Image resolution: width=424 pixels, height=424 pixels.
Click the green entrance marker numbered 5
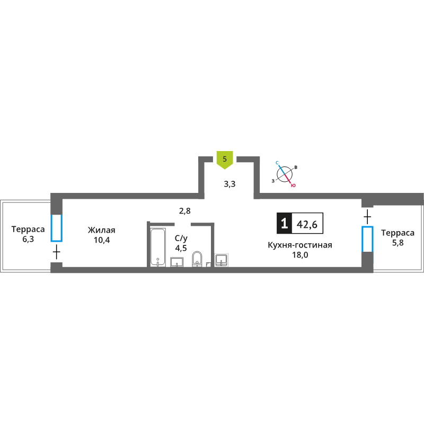point(225,160)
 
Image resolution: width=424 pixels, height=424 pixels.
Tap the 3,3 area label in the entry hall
point(229,184)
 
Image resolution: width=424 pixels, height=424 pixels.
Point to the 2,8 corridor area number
point(184,211)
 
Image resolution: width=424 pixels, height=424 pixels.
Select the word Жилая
point(101,230)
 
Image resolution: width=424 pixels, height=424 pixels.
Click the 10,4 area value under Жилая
point(102,240)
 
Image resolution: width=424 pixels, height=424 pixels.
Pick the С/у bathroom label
point(181,238)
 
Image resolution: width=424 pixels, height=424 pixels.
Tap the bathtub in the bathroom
point(157,248)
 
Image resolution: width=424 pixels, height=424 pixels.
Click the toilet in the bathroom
point(197,259)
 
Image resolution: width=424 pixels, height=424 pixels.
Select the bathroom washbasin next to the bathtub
point(177,262)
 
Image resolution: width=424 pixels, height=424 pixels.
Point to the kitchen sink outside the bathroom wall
point(222,260)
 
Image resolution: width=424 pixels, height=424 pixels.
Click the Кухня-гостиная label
point(300,245)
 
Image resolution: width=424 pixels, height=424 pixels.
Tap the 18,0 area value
point(300,255)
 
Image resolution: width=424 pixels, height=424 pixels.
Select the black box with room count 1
point(284,223)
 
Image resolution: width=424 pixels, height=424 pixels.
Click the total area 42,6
point(307,224)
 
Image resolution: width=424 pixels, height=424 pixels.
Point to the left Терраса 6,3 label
point(28,234)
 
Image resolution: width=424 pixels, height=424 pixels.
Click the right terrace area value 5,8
point(398,243)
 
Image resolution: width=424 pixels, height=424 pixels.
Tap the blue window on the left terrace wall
point(57,228)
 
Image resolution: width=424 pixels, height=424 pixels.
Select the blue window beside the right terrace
point(367,239)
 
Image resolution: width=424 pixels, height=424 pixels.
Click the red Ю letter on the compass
point(293,185)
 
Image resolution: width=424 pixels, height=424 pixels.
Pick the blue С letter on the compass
point(277,163)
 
